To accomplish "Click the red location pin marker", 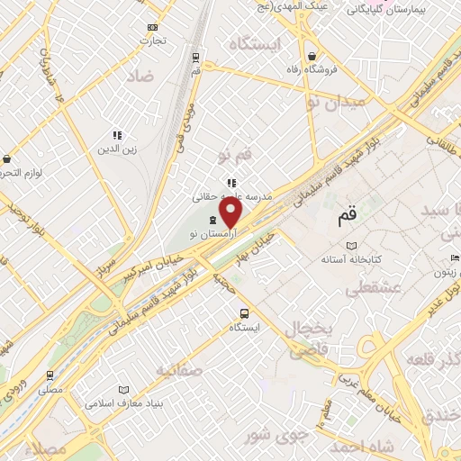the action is pyautogui.click(x=231, y=213).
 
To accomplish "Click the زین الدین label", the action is pyautogui.click(x=116, y=149).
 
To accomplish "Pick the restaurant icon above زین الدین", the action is pyautogui.click(x=116, y=134).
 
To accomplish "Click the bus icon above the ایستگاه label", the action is pyautogui.click(x=244, y=312).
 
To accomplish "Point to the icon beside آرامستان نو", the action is pyautogui.click(x=212, y=221).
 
